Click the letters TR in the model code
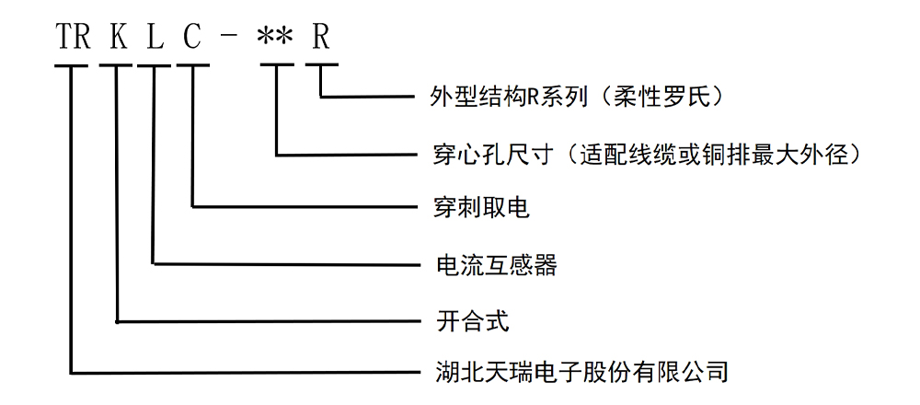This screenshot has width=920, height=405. coord(71,38)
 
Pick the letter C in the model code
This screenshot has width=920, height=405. coord(192,38)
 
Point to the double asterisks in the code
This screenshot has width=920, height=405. coord(275,38)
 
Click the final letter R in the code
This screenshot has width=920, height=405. coord(321,38)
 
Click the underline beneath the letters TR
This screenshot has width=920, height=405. coord(71,65)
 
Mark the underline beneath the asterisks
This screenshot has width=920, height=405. coord(276,65)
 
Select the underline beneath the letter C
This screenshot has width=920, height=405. coord(193,65)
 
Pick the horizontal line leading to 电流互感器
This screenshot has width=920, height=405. coord(285,264)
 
